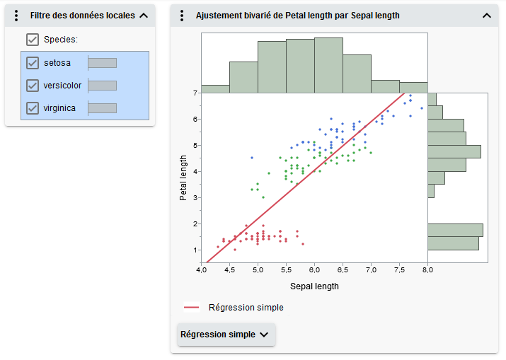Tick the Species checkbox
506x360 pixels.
[33, 40]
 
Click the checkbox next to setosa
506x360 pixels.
[33, 63]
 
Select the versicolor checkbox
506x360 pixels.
[33, 86]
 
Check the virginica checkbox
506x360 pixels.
[33, 108]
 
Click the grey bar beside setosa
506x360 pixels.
[102, 63]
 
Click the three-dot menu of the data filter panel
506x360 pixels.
[16, 16]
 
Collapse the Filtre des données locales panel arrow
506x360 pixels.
[144, 16]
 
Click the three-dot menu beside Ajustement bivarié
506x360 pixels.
[182, 16]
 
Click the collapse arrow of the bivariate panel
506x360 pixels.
[486, 16]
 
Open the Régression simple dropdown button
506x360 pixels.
[226, 335]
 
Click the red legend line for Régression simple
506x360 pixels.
[192, 308]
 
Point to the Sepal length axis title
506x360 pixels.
[314, 286]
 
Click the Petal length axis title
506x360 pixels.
[183, 178]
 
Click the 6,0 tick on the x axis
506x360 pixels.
[314, 269]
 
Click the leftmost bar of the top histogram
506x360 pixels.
[215, 89]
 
